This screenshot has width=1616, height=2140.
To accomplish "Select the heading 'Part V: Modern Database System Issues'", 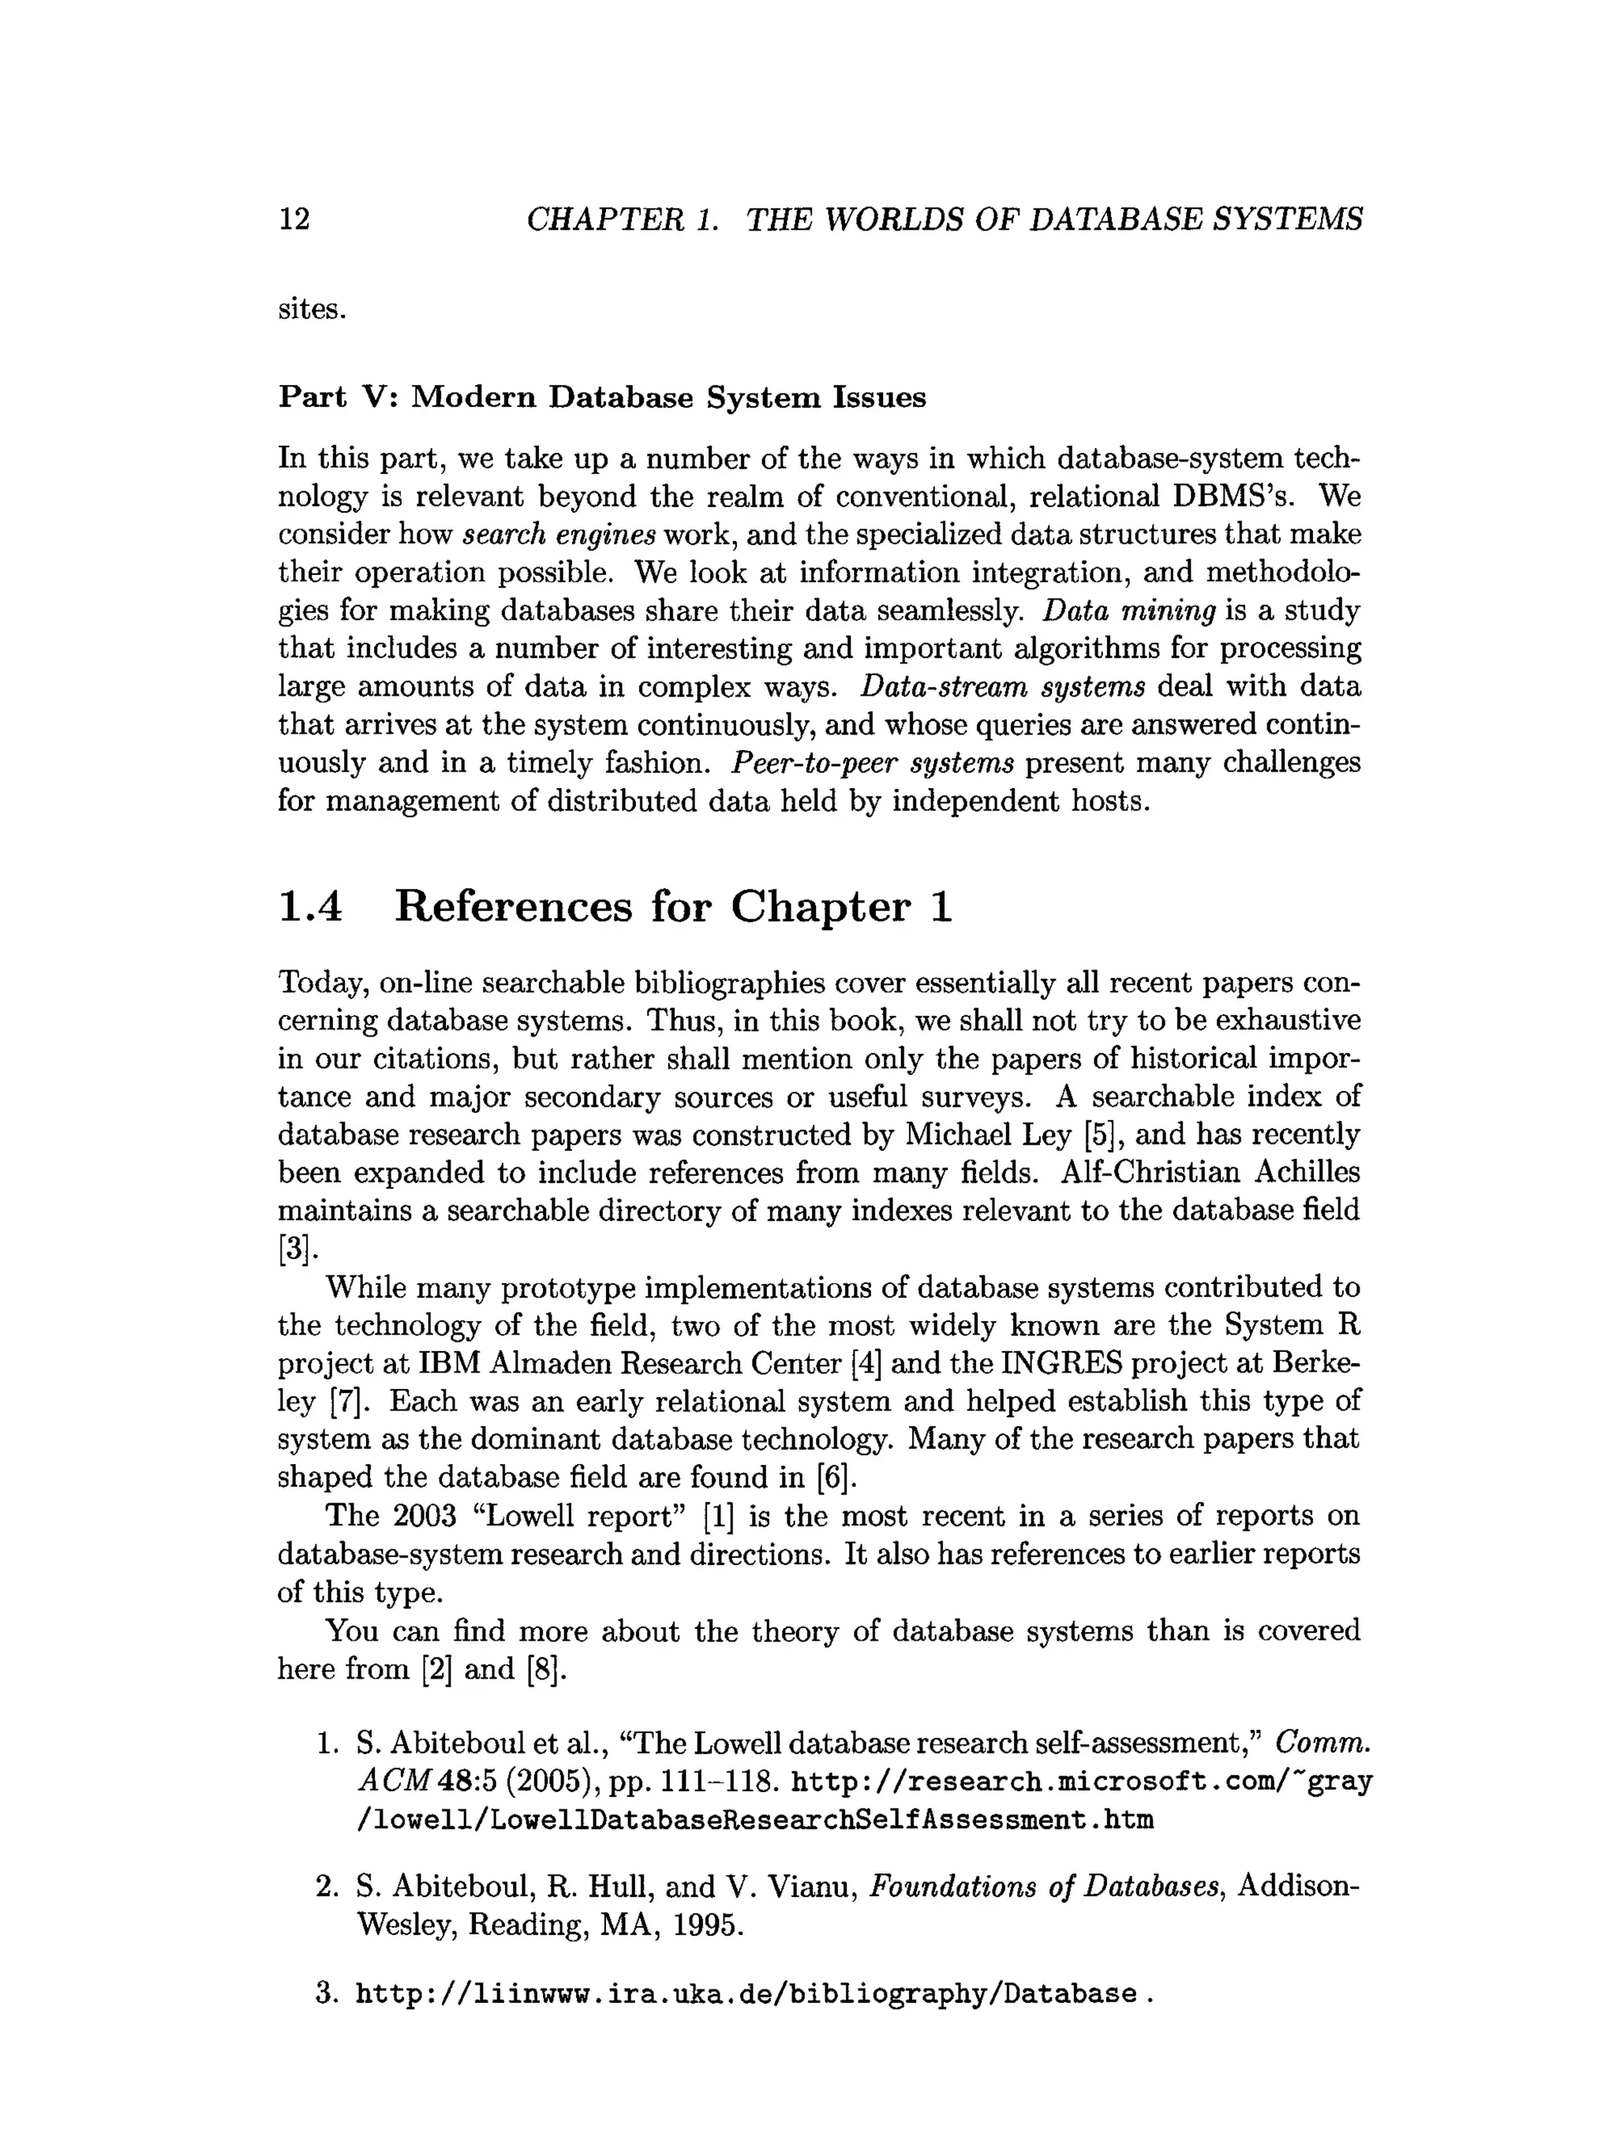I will [x=602, y=398].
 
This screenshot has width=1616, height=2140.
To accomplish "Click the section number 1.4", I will [x=311, y=906].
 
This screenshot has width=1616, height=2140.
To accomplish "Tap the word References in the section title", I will [x=513, y=906].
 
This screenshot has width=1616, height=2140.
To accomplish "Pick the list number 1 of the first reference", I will [x=325, y=1743].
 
